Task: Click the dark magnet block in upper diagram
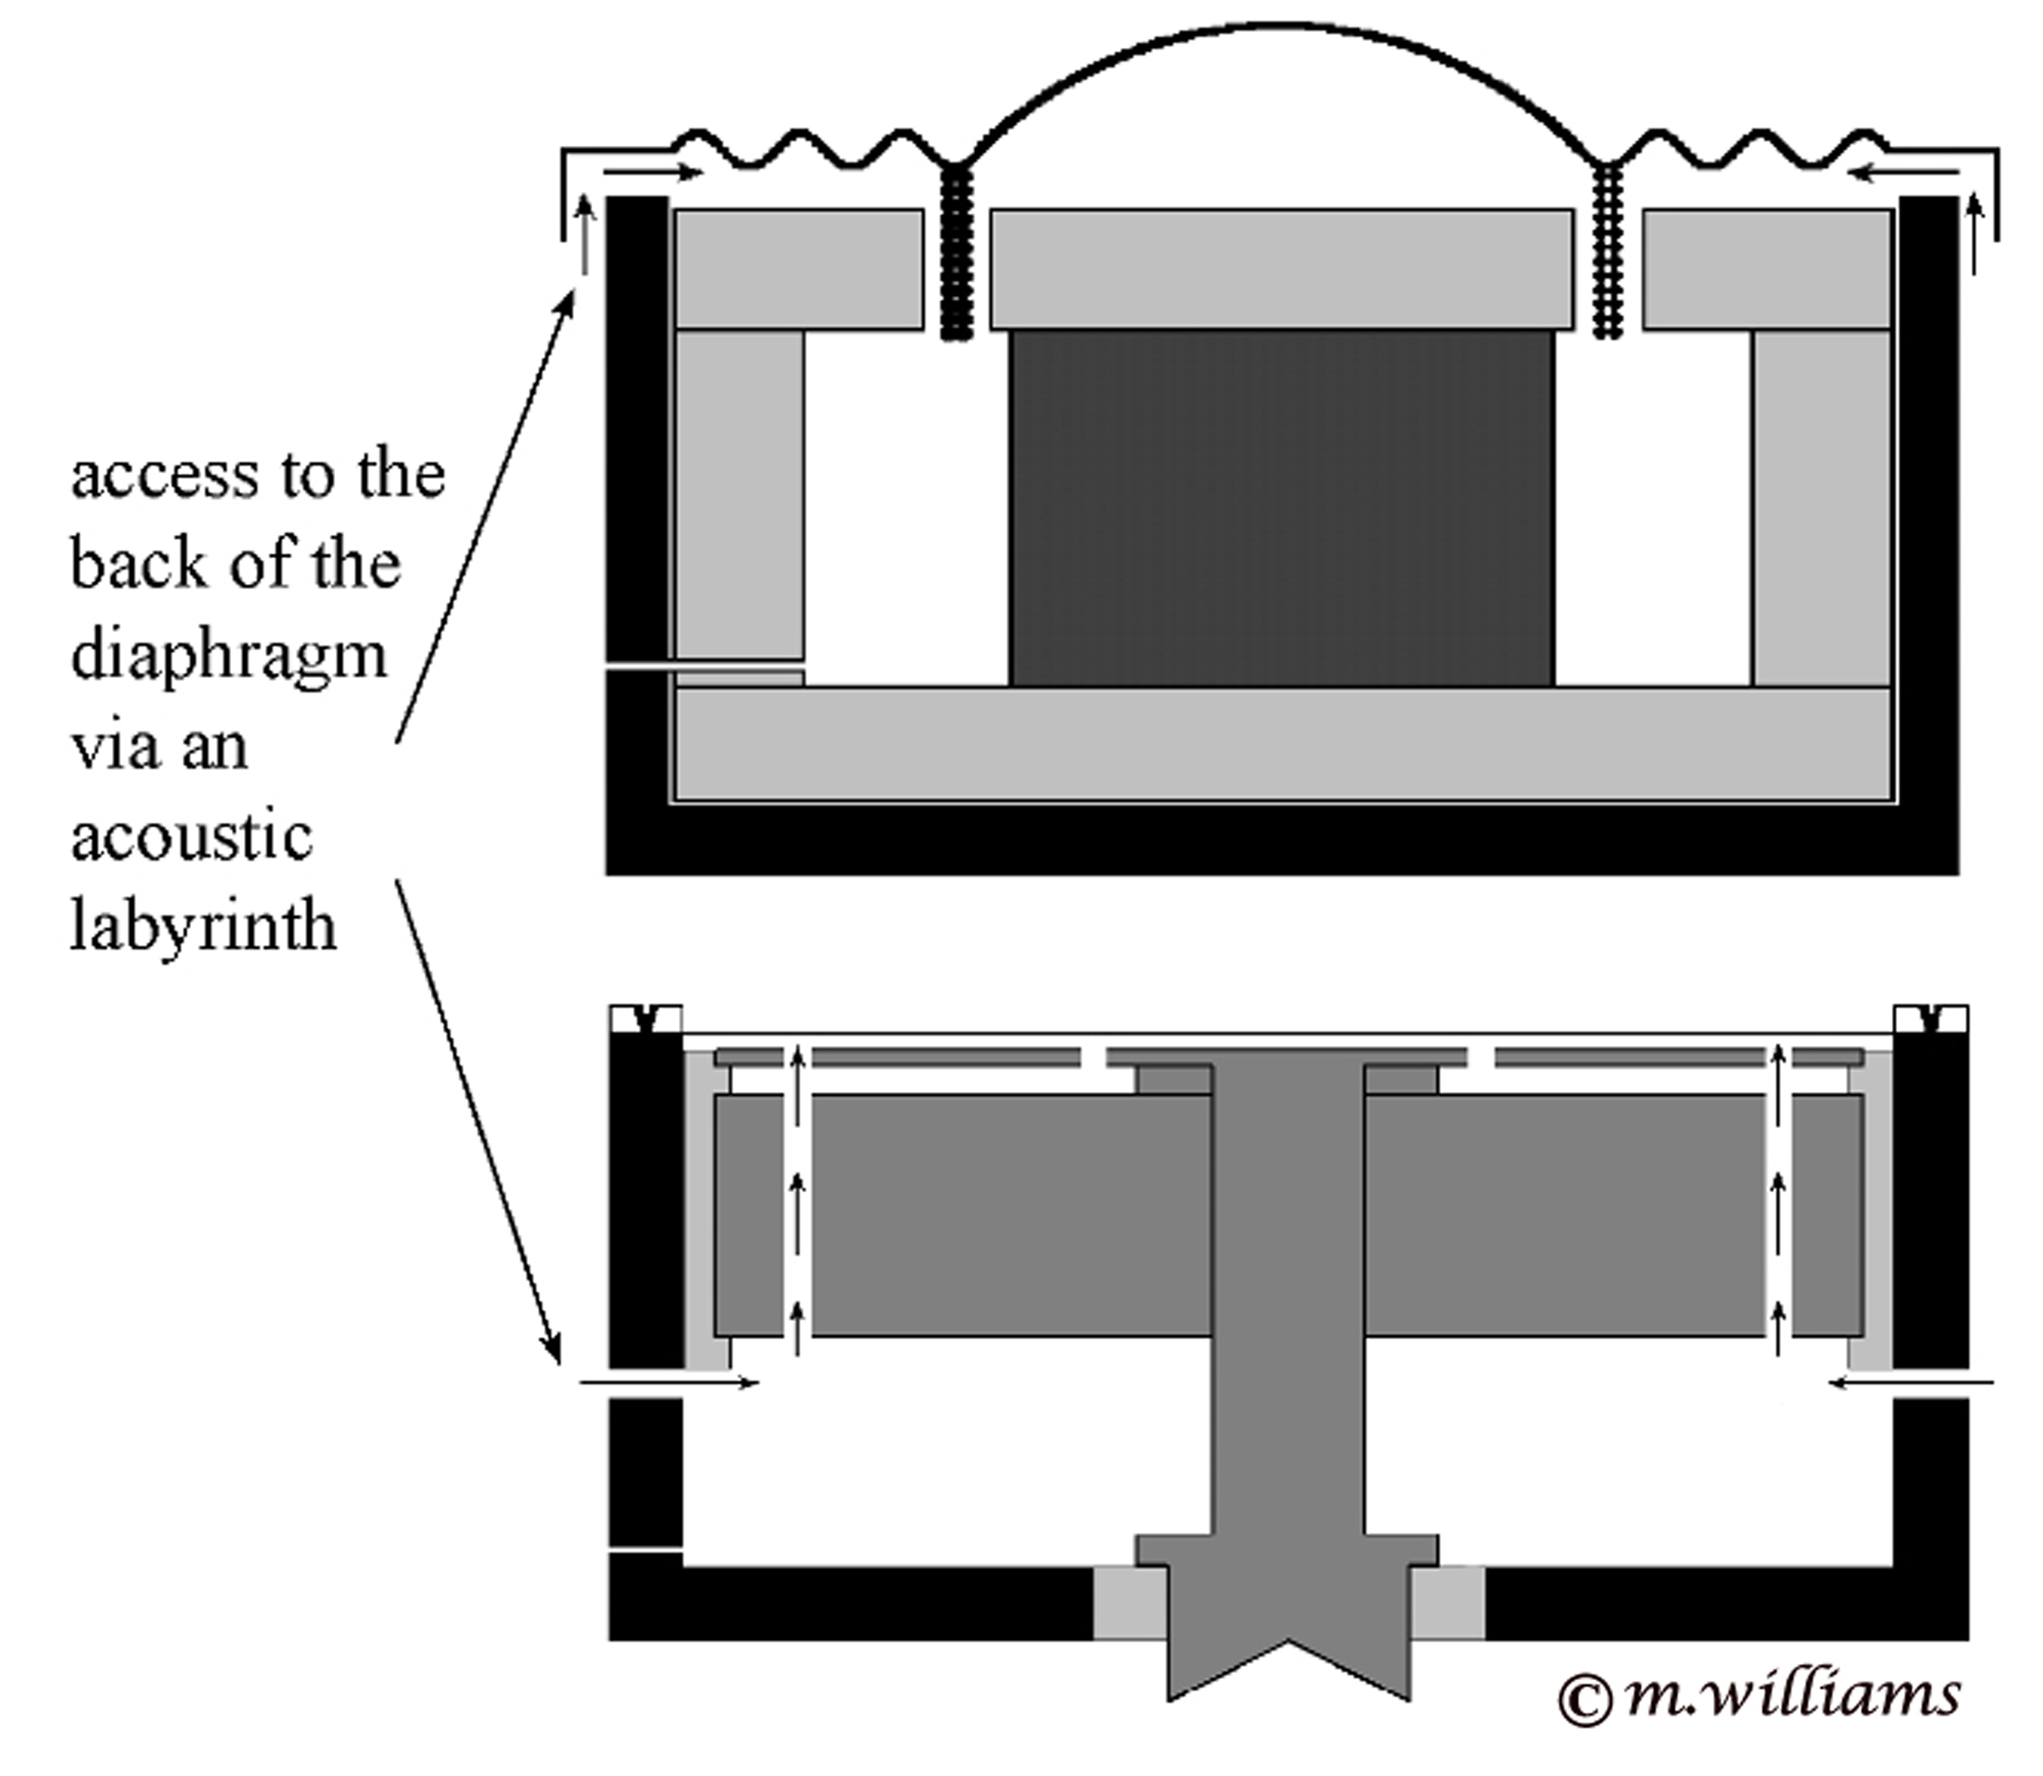click(x=1281, y=508)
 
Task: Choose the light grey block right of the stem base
click(x=1447, y=1602)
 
